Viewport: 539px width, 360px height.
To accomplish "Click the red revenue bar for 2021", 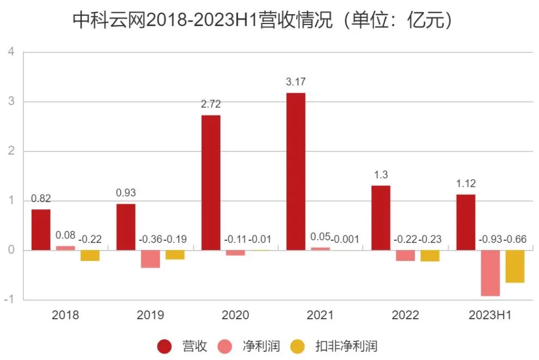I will (296, 172).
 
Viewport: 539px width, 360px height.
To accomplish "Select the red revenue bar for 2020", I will (211, 182).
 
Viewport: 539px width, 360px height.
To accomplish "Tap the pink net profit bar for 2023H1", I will (490, 273).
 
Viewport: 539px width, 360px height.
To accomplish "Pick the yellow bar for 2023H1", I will (514, 266).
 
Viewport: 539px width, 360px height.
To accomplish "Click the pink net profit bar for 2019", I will (150, 259).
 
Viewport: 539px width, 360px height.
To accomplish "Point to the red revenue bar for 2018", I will (41, 230).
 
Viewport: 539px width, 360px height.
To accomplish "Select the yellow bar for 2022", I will (430, 255).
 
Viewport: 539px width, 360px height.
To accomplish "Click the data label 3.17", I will (296, 82).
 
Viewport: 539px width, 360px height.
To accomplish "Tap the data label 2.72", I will (211, 105).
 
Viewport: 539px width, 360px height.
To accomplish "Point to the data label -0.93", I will (490, 239).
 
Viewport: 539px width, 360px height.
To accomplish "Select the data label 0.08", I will (65, 235).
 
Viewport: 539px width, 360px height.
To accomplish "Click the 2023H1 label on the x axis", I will (490, 315).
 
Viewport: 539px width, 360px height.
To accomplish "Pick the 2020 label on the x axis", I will (235, 315).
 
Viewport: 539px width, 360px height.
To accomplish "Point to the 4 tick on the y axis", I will (11, 52).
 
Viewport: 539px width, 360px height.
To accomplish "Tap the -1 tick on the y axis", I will (10, 300).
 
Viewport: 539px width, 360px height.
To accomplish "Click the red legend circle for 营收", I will (164, 346).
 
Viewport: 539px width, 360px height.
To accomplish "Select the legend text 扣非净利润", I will (346, 346).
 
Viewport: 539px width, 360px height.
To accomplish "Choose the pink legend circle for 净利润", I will (225, 346).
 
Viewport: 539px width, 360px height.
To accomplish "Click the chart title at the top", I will (264, 21).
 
